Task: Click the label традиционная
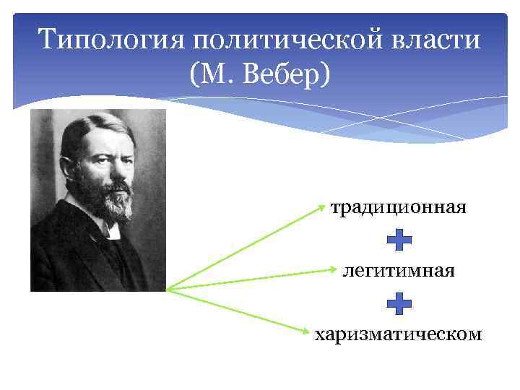click(399, 208)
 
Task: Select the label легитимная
click(399, 272)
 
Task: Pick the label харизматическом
click(399, 333)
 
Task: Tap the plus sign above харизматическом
click(399, 303)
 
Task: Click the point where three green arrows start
click(168, 290)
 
